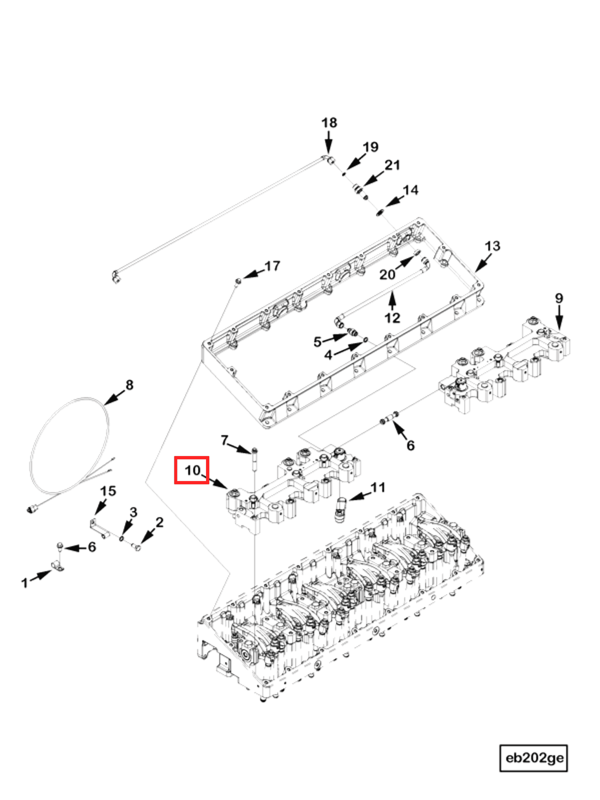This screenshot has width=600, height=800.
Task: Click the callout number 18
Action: pos(329,123)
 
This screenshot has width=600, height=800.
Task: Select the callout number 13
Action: pos(492,246)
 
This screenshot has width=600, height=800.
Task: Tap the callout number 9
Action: pos(559,298)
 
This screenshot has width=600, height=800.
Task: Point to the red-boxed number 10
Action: pos(192,470)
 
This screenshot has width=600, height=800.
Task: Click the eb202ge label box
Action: pos(534,758)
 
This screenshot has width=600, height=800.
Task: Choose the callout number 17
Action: pos(272,266)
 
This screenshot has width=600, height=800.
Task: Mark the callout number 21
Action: pos(392,165)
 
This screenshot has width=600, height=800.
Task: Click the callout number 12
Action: pos(392,318)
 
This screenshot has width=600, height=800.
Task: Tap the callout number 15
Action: pos(108,491)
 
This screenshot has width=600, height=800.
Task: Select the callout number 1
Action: pos(25,583)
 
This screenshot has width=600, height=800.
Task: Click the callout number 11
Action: pos(378,487)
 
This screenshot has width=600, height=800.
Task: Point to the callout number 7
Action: pos(225,440)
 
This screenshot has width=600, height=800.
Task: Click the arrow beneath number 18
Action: pos(328,143)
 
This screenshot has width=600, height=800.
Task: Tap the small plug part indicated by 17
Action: pos(238,281)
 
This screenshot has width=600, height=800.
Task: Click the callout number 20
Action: pos(387,275)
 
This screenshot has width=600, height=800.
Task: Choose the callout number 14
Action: pos(410,190)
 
